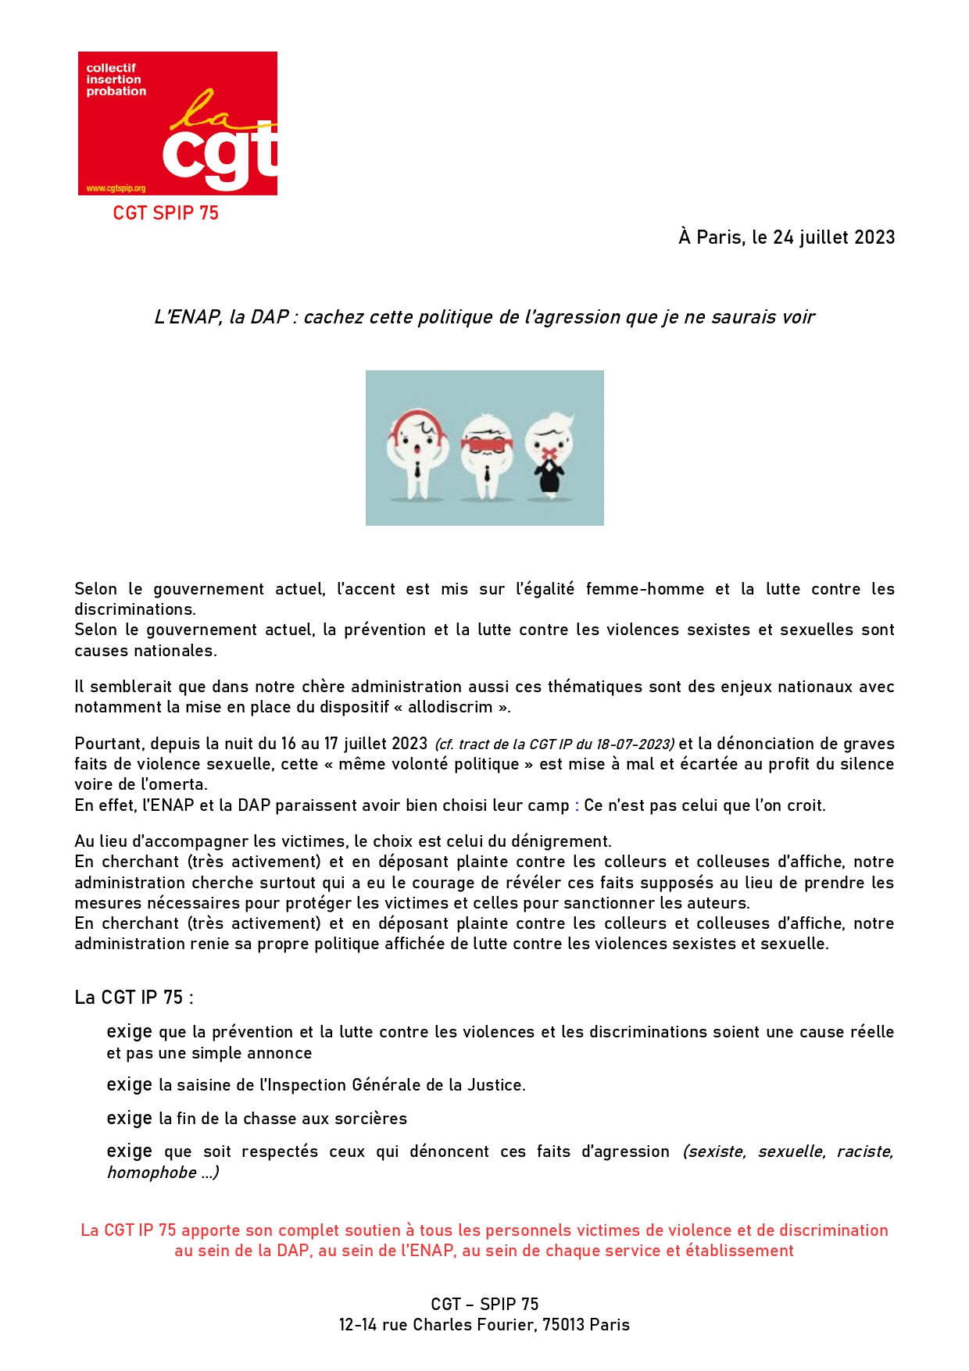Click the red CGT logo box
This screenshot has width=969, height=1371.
click(x=177, y=123)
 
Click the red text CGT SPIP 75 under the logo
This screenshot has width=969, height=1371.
click(x=166, y=213)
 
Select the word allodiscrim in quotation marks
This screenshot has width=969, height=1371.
click(x=450, y=707)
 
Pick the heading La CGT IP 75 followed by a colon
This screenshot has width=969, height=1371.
click(x=134, y=998)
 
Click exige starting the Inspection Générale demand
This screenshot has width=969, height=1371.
click(x=129, y=1085)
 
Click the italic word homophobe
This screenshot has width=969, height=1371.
click(x=152, y=1173)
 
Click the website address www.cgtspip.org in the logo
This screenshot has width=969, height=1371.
click(x=116, y=188)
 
